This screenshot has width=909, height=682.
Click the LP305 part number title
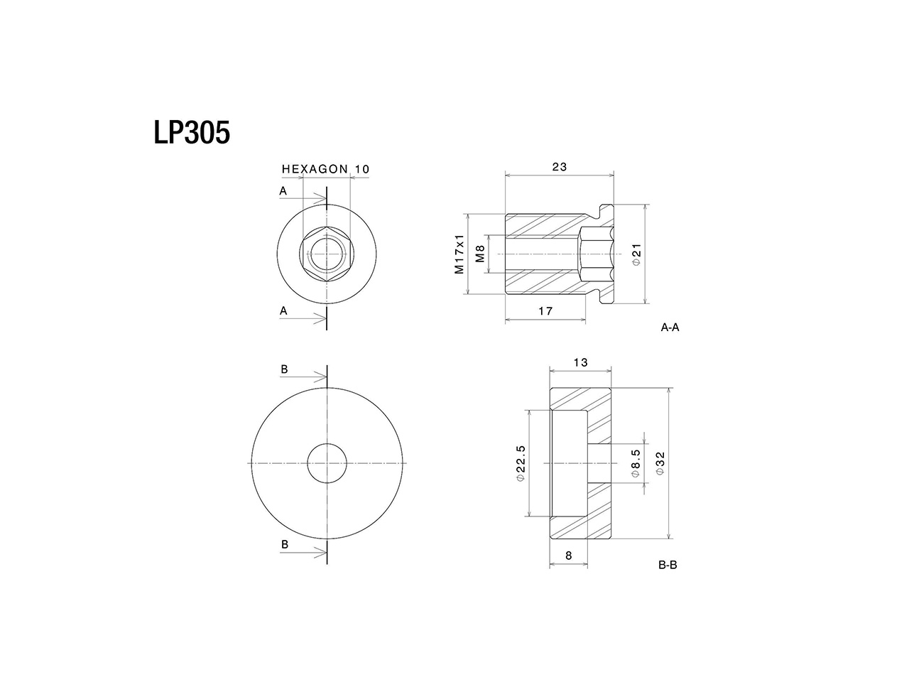[192, 132]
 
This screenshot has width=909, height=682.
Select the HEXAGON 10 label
[325, 169]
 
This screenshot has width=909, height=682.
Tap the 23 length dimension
[560, 167]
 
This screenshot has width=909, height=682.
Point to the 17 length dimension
[545, 310]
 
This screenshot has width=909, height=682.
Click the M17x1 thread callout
[459, 254]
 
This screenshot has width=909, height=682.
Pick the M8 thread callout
[480, 254]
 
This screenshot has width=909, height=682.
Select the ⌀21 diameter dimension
[636, 254]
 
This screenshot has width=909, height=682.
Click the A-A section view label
[670, 328]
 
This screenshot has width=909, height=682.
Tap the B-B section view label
[667, 565]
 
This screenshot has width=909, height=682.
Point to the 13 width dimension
[580, 362]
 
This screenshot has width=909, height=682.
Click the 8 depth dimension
[569, 556]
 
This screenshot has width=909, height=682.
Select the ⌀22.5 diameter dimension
[521, 463]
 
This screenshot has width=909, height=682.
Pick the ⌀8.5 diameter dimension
[636, 463]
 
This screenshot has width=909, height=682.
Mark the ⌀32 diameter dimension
[660, 463]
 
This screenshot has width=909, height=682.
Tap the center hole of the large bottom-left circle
[327, 463]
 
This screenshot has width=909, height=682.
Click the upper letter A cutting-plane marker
[283, 191]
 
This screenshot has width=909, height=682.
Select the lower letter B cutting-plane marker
[284, 544]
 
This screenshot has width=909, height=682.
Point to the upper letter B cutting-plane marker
[284, 369]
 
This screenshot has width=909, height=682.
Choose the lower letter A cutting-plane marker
[283, 310]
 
